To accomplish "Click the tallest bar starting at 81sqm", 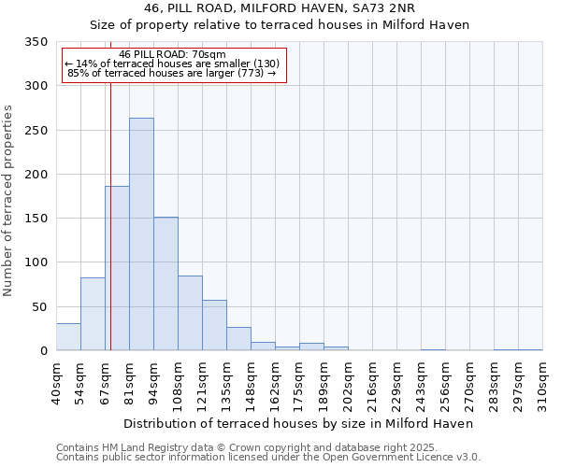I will (141, 234).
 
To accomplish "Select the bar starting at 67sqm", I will (117, 268).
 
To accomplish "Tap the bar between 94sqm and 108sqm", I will (165, 284).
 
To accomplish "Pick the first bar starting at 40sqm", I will (68, 337).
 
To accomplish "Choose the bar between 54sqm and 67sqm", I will (93, 314).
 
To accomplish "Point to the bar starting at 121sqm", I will (214, 325).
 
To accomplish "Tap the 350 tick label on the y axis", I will (36, 42).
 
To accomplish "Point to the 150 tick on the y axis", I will (36, 219).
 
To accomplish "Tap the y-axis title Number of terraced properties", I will (9, 201).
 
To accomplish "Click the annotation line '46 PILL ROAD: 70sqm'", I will (173, 55).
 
